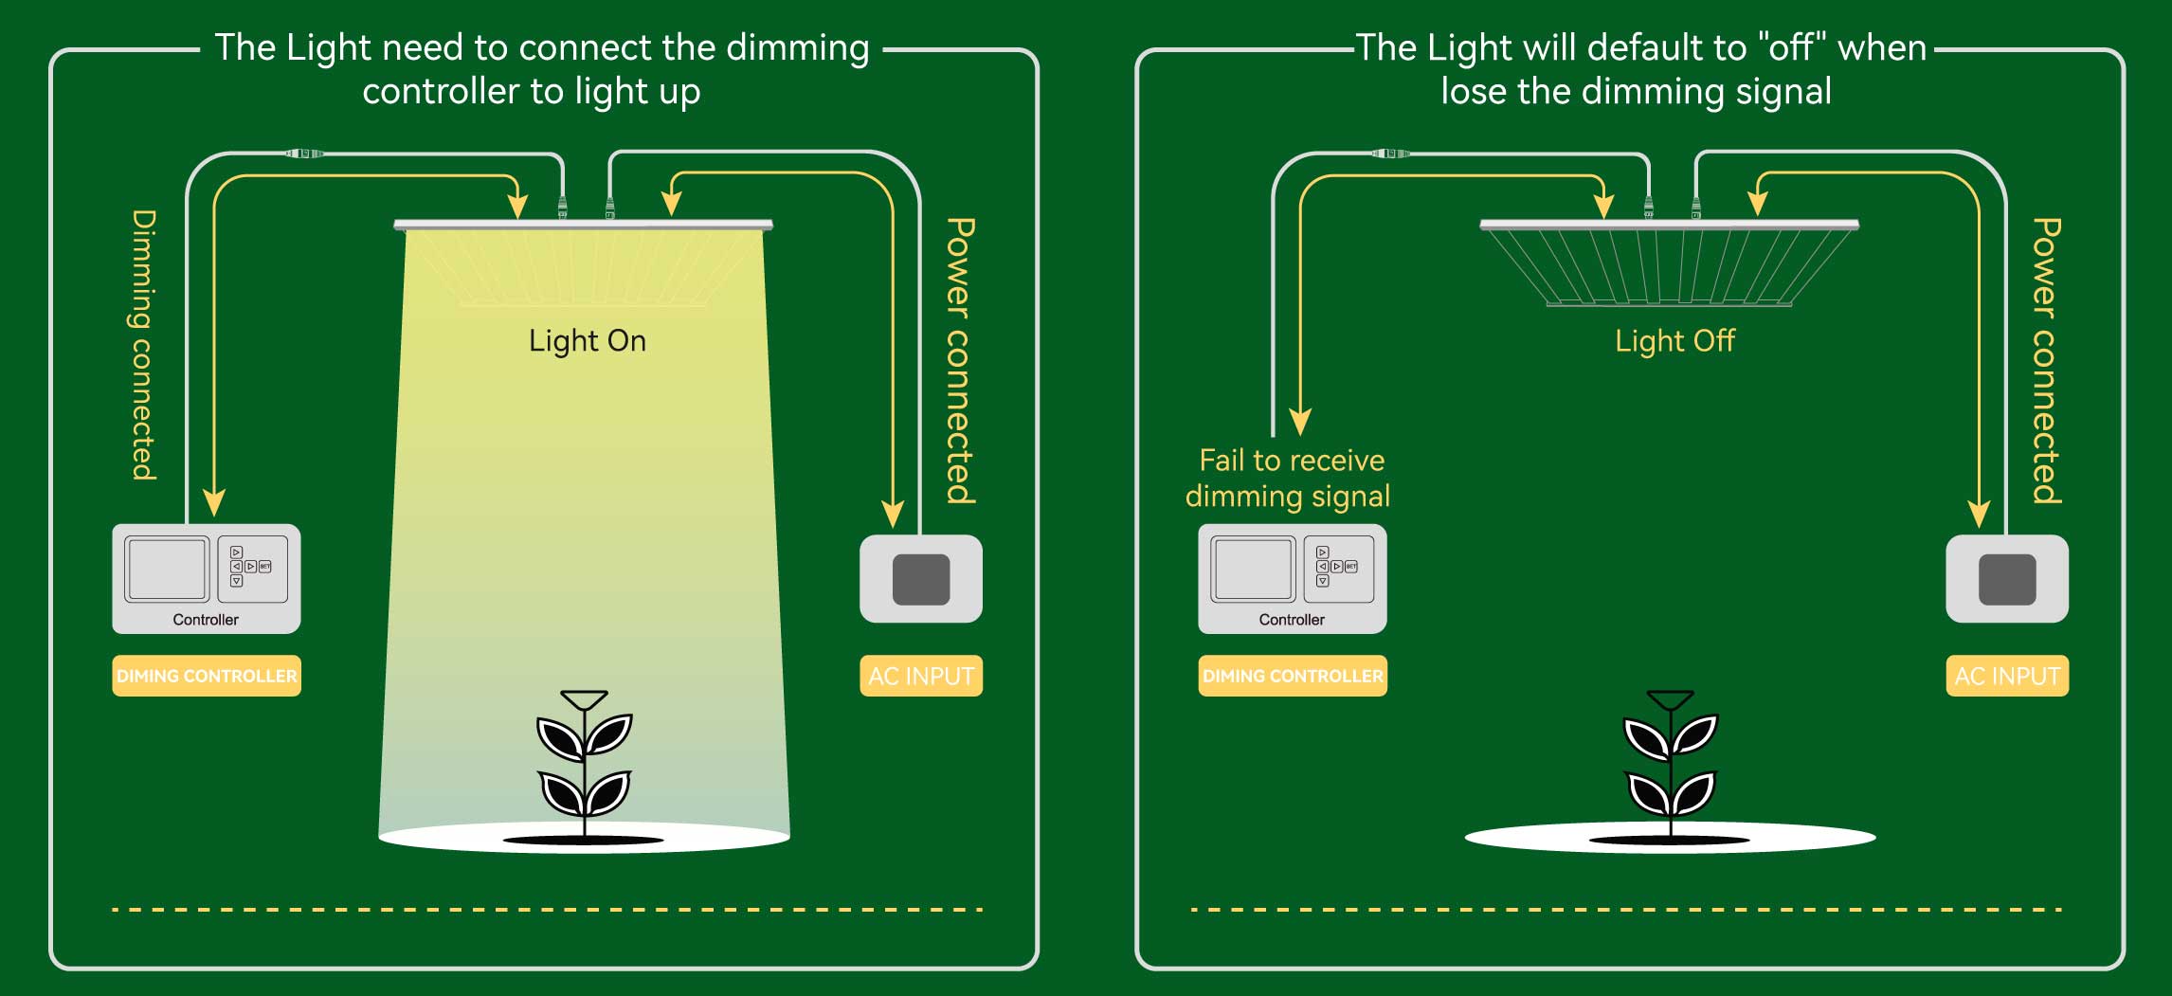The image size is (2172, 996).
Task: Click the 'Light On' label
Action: pyautogui.click(x=588, y=341)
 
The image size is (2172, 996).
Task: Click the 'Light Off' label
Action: pyautogui.click(x=1674, y=341)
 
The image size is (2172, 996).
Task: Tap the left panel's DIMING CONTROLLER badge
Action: pyautogui.click(x=207, y=676)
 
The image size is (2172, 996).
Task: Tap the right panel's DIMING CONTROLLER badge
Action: pyautogui.click(x=1293, y=676)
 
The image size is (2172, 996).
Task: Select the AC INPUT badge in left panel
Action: pyautogui.click(x=921, y=676)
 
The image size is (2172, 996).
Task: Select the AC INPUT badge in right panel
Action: pyautogui.click(x=2007, y=676)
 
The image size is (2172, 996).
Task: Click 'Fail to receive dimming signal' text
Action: pyautogui.click(x=1289, y=479)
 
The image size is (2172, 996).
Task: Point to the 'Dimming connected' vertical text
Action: pyautogui.click(x=143, y=346)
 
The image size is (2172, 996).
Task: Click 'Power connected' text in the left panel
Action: pyautogui.click(x=960, y=360)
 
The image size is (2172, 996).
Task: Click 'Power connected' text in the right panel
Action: pyautogui.click(x=2046, y=360)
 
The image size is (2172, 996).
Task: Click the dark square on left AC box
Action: pyautogui.click(x=921, y=579)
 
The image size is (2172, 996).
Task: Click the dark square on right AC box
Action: pyautogui.click(x=2007, y=579)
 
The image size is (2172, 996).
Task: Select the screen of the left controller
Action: pyautogui.click(x=167, y=569)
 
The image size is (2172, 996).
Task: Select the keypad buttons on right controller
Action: pyautogui.click(x=1337, y=567)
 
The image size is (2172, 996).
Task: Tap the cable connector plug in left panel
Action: pyautogui.click(x=304, y=153)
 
